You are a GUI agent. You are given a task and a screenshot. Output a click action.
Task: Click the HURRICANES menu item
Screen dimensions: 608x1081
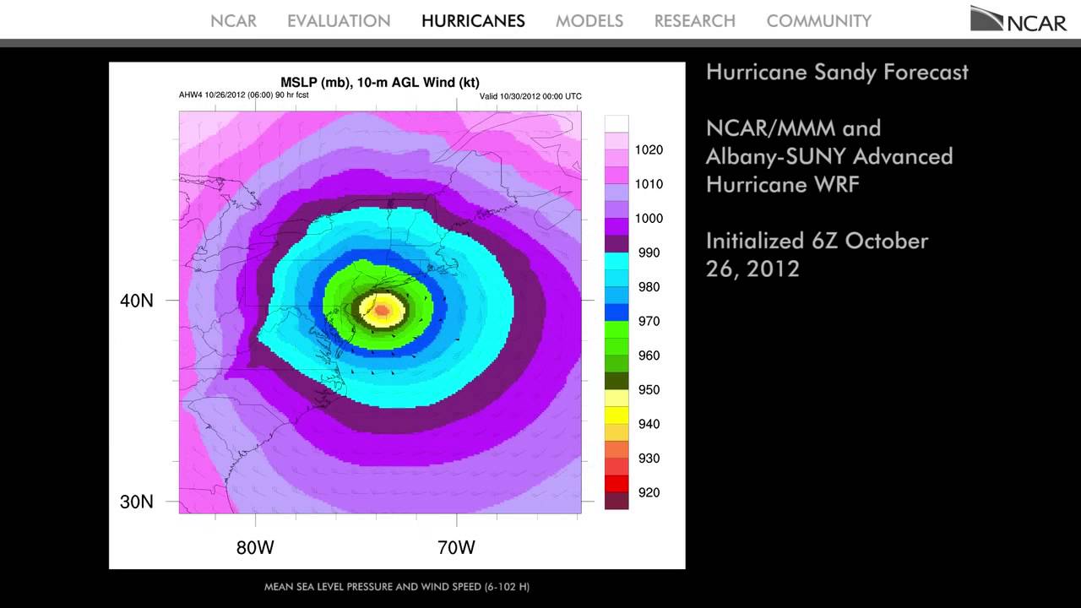click(x=473, y=21)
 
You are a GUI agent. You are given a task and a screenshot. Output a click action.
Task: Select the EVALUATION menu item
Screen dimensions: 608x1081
click(x=339, y=21)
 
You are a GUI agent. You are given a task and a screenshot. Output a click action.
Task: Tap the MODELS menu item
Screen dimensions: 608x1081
click(x=589, y=21)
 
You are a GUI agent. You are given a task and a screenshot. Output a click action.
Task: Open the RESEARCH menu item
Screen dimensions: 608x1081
click(x=694, y=21)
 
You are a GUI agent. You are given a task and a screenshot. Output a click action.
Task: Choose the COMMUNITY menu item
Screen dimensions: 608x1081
click(x=818, y=21)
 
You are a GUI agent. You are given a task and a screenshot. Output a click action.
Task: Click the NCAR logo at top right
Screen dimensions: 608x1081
click(x=1019, y=19)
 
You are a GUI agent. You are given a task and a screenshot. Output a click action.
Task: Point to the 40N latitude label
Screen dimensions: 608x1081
click(x=137, y=301)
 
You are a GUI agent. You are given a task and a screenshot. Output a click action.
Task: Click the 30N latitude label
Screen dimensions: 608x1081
click(x=137, y=502)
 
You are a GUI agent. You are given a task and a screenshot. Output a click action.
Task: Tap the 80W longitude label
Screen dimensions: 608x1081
click(x=255, y=547)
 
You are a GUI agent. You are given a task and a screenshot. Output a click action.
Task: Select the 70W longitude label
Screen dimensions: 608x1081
click(x=456, y=547)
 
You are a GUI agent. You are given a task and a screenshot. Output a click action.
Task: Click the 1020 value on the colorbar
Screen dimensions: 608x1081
click(x=649, y=150)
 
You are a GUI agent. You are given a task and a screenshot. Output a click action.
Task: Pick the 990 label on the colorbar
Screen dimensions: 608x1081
click(x=649, y=252)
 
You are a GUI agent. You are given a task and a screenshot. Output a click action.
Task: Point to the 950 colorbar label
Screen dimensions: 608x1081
click(x=649, y=390)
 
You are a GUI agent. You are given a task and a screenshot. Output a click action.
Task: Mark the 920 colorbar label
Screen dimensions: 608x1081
click(x=649, y=492)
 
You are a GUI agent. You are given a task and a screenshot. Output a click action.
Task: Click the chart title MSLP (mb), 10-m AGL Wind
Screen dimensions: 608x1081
click(x=380, y=82)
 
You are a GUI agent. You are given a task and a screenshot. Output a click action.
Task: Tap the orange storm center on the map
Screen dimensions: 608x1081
click(x=382, y=310)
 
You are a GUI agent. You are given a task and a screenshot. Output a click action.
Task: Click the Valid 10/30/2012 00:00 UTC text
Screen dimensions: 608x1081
click(x=530, y=96)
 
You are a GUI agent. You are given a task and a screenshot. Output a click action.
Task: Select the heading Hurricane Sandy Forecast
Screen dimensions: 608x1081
click(x=837, y=72)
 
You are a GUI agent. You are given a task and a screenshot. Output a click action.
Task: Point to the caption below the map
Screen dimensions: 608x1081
click(x=397, y=587)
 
